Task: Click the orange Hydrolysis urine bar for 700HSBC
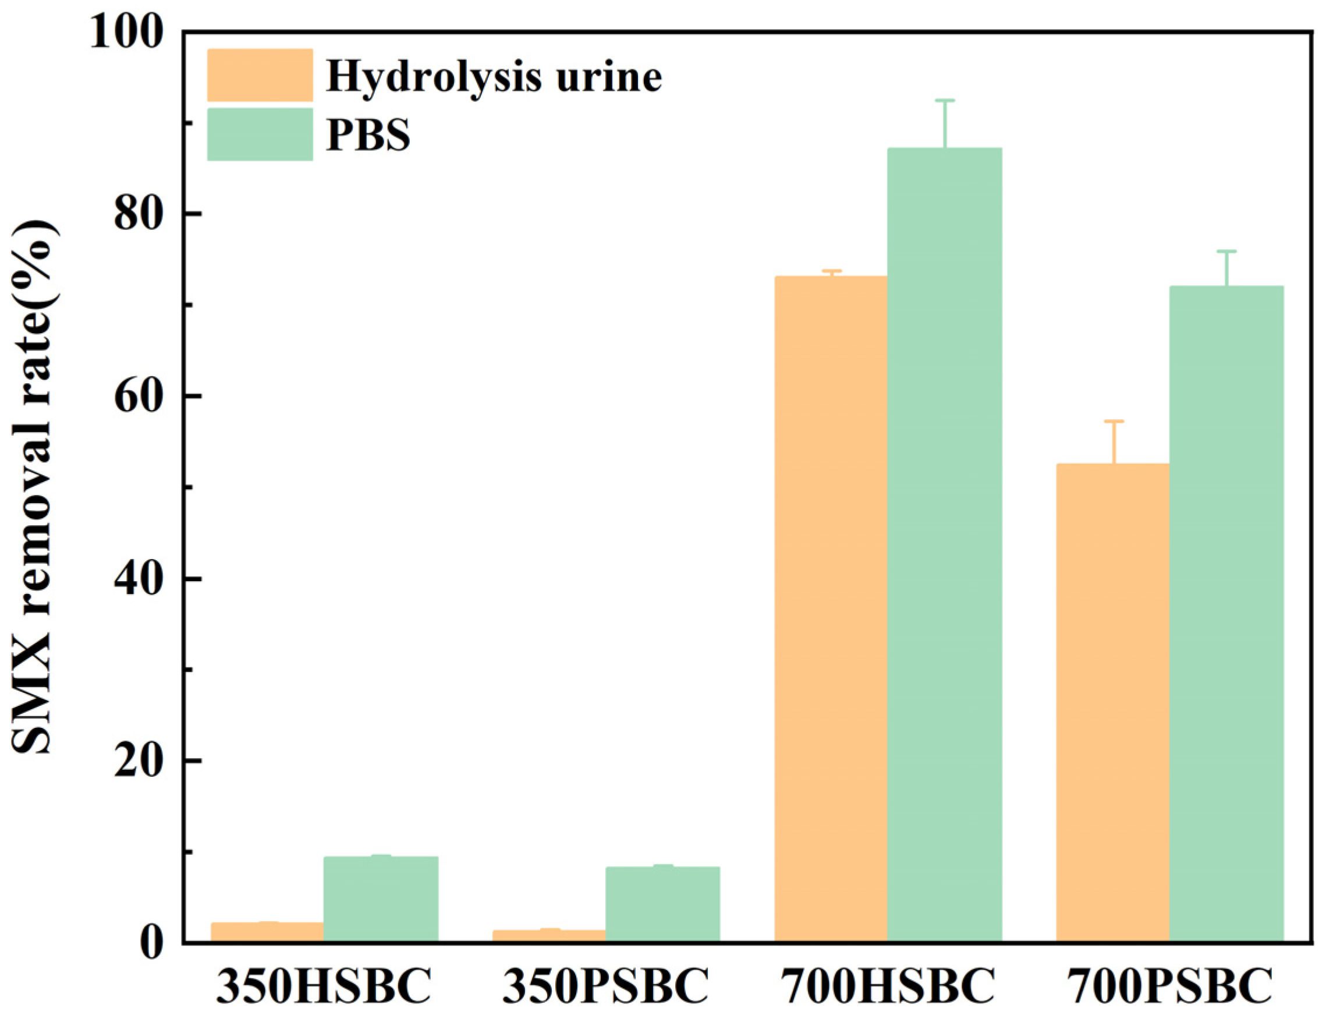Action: coord(831,607)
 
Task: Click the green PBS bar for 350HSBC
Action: coord(381,899)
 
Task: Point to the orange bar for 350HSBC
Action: coord(267,932)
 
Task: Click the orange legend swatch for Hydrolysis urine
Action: coord(260,75)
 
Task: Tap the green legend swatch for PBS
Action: coord(260,134)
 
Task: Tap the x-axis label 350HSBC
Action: coord(324,988)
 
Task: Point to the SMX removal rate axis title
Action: coord(35,486)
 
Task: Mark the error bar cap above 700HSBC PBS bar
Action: coord(945,100)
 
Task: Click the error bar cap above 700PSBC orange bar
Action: coord(1114,421)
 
